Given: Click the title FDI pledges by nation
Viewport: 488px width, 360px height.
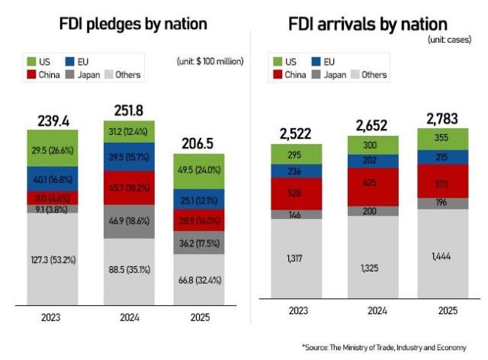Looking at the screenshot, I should pos(133,24).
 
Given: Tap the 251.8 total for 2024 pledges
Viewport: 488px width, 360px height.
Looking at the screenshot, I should pos(133,111).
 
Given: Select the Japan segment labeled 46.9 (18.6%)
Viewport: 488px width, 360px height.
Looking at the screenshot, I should pos(133,221).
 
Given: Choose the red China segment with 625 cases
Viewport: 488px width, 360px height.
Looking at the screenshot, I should pos(371,183).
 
